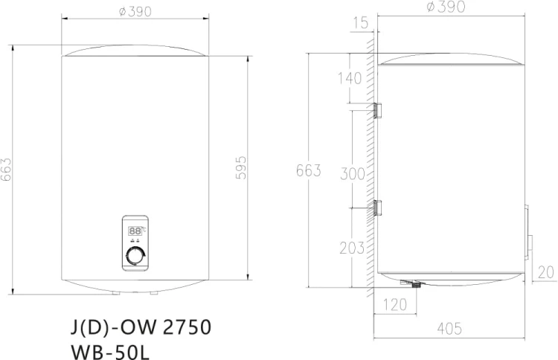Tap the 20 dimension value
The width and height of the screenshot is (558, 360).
546,272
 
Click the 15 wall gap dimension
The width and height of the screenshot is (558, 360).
360,24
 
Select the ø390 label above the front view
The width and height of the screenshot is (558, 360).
135,13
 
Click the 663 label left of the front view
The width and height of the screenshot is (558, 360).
7,170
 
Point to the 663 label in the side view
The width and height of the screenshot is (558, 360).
307,171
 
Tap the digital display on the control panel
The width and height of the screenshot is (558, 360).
135,231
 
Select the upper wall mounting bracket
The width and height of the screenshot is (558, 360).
377,109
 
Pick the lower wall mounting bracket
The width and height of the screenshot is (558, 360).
377,208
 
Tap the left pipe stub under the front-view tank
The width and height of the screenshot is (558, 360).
115,292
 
